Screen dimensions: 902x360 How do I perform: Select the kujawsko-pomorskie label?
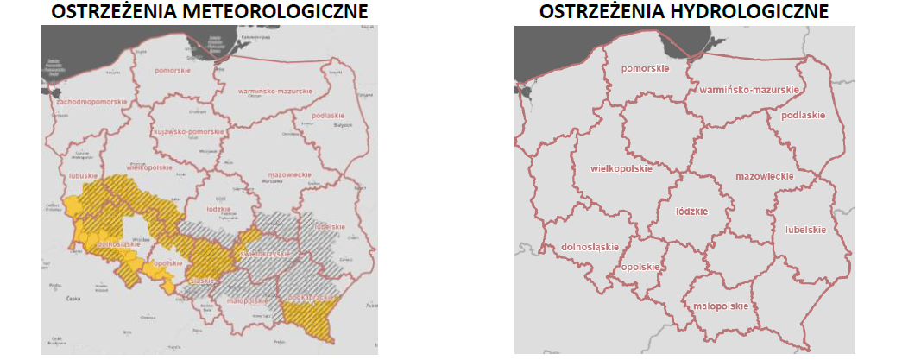pos(190,131)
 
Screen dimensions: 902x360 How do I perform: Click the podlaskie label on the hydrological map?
pos(803,116)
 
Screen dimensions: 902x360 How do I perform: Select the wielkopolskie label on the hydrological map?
pos(618,167)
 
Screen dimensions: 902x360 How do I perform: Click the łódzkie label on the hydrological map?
pos(691,211)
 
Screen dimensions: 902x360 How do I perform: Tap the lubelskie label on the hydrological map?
pos(806,230)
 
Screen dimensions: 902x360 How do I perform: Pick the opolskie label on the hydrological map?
pos(640,267)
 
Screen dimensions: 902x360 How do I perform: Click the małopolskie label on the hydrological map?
pos(720,306)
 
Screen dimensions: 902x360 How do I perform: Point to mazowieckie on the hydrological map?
pos(764,176)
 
